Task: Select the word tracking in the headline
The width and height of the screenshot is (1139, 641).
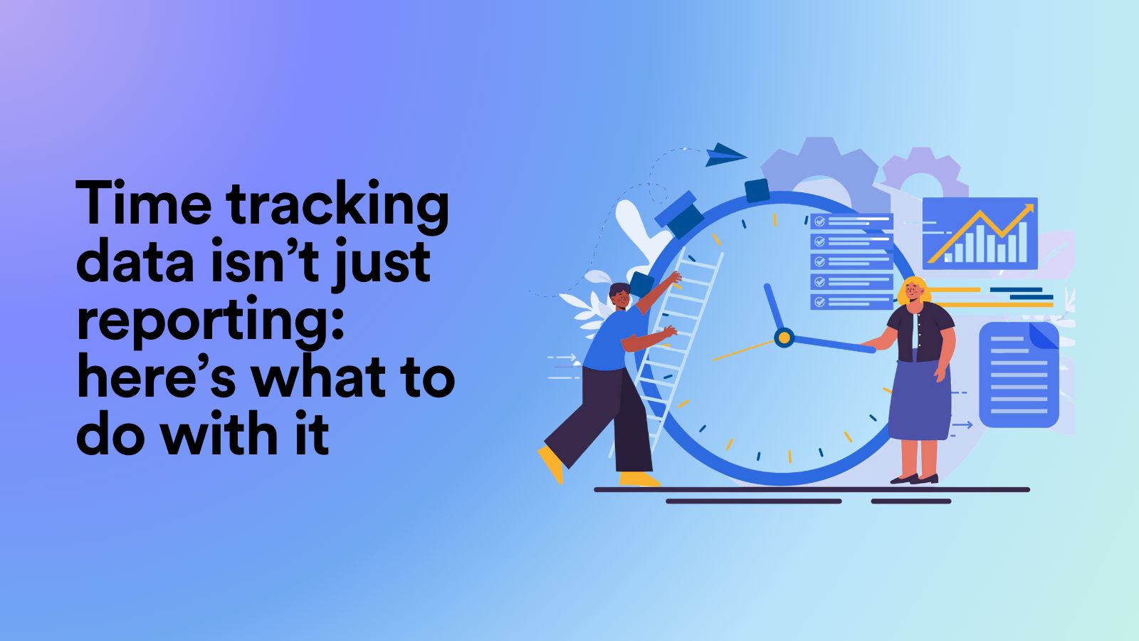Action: tap(337, 207)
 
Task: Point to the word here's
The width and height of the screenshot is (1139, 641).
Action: tap(155, 377)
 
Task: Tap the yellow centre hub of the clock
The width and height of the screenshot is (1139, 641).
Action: tap(784, 337)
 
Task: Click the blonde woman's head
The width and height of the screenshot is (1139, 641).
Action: tap(914, 291)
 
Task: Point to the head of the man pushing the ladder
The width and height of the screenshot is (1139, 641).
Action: tap(620, 295)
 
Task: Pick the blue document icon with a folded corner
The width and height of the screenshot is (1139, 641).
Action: tap(1019, 375)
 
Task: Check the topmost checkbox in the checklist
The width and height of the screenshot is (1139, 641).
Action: tap(819, 222)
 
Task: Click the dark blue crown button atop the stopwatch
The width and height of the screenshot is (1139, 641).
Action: tap(757, 190)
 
